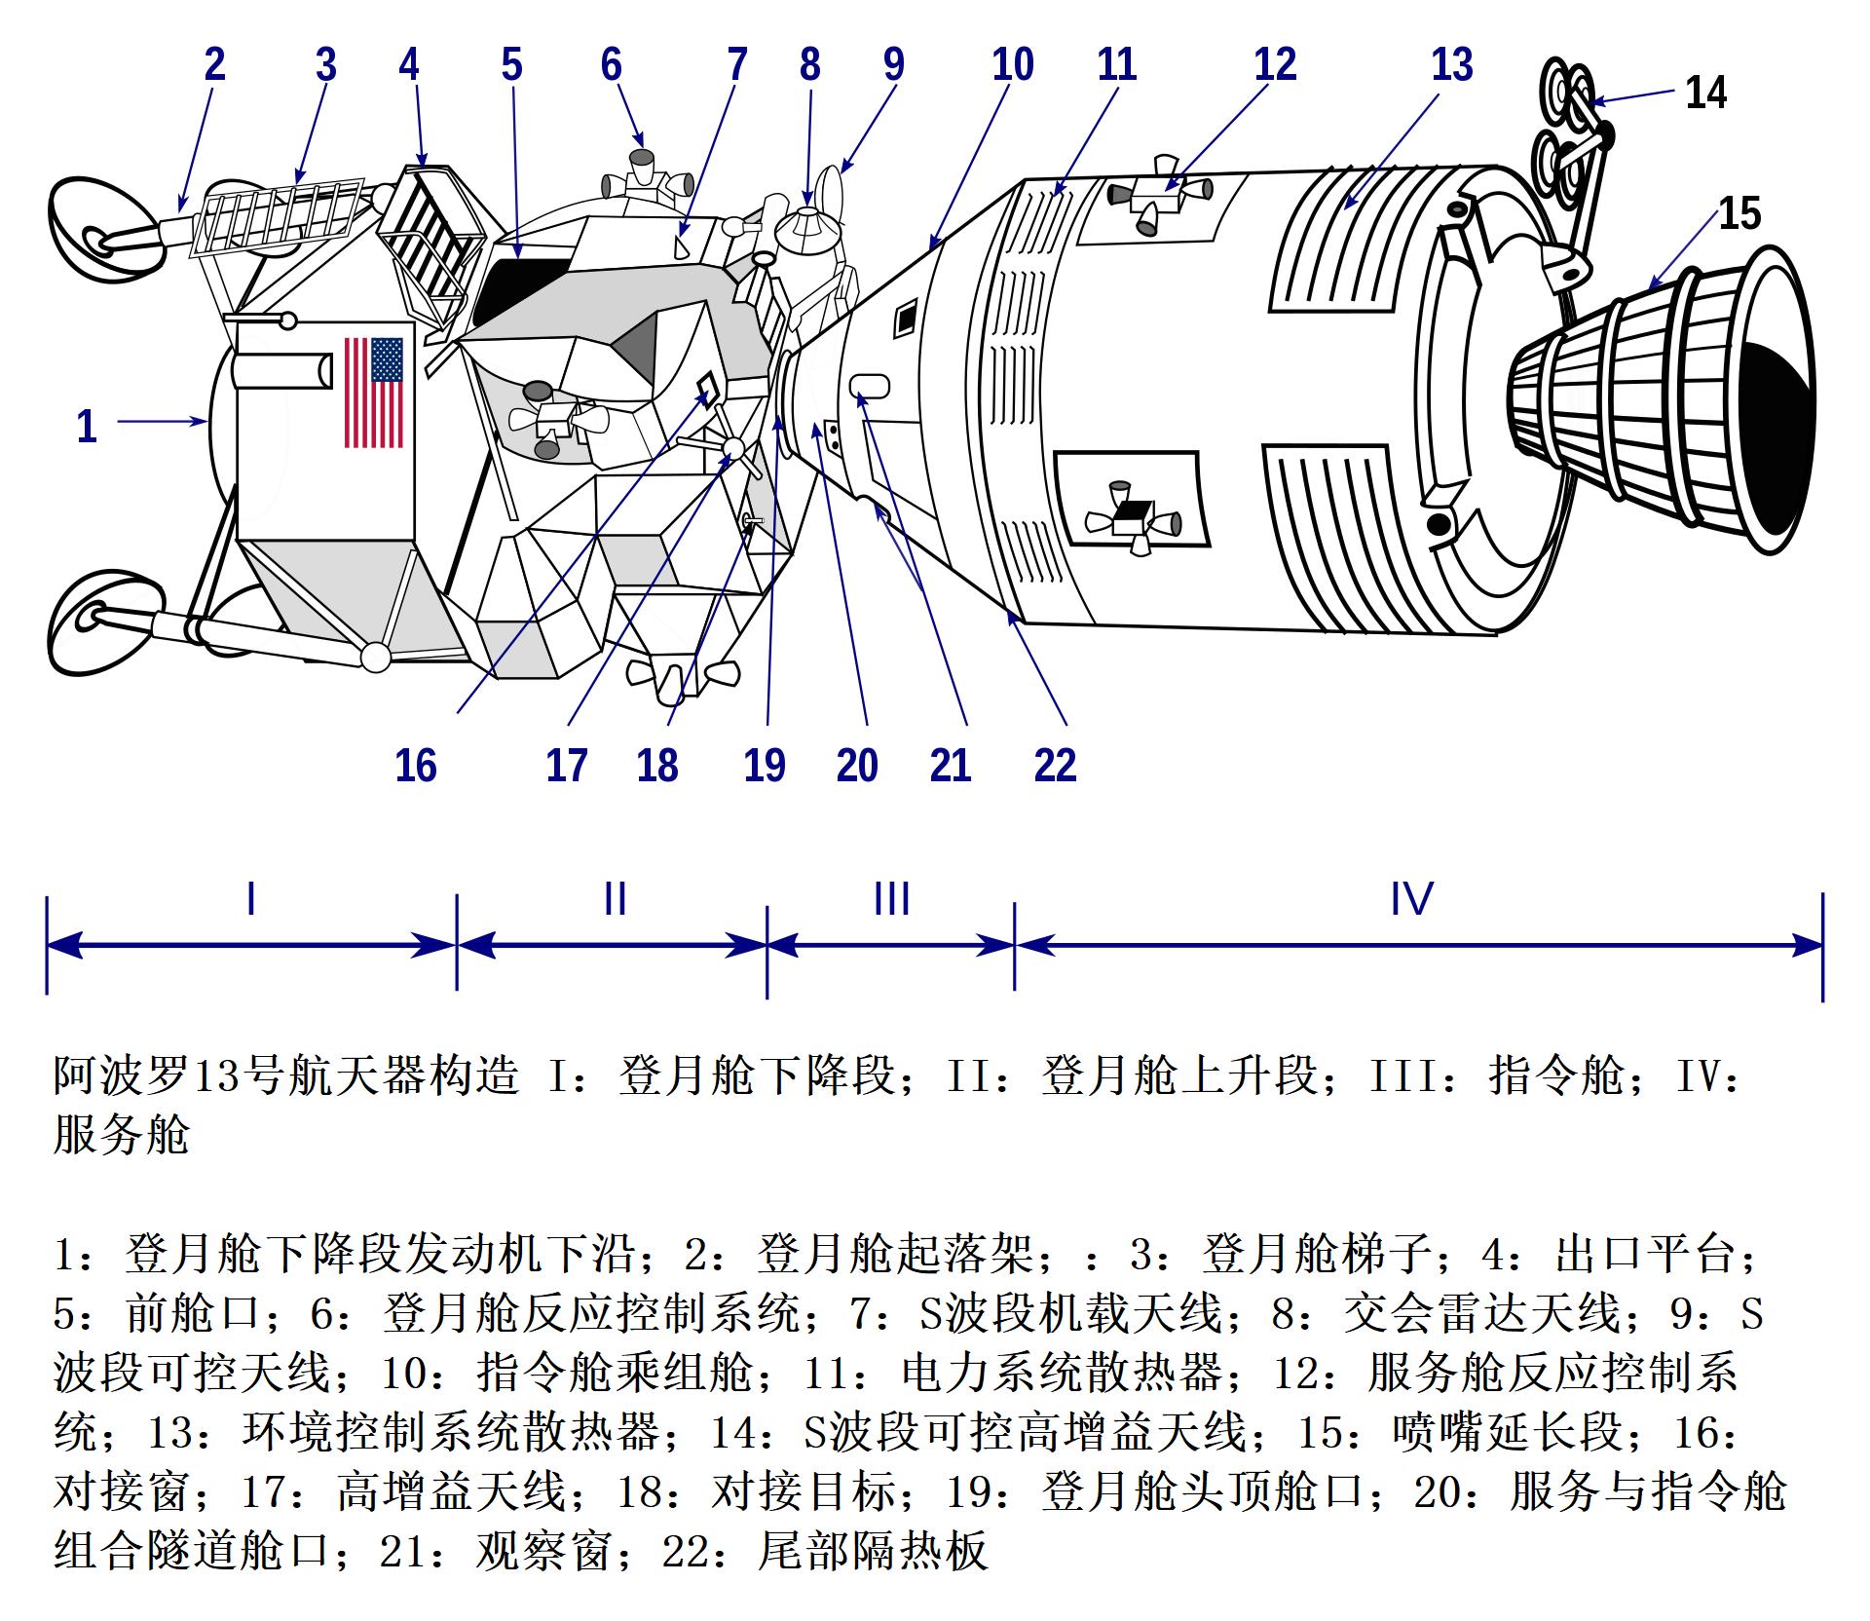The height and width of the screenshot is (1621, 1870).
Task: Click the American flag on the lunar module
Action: click(x=374, y=392)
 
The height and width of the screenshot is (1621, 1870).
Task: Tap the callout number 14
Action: click(x=1705, y=93)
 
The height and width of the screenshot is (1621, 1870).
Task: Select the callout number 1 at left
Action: click(x=87, y=426)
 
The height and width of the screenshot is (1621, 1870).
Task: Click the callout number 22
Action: click(x=1055, y=765)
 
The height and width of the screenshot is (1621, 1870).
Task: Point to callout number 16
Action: click(x=416, y=765)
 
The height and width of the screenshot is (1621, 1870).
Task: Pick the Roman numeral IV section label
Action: click(x=1411, y=897)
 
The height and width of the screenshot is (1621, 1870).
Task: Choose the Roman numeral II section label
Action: click(x=615, y=897)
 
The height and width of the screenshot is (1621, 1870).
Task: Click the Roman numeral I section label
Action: click(x=251, y=897)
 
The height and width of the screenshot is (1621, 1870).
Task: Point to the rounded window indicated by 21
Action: click(x=870, y=386)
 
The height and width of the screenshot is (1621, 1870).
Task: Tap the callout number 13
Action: click(x=1451, y=64)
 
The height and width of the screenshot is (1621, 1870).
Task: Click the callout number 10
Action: click(x=1012, y=64)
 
